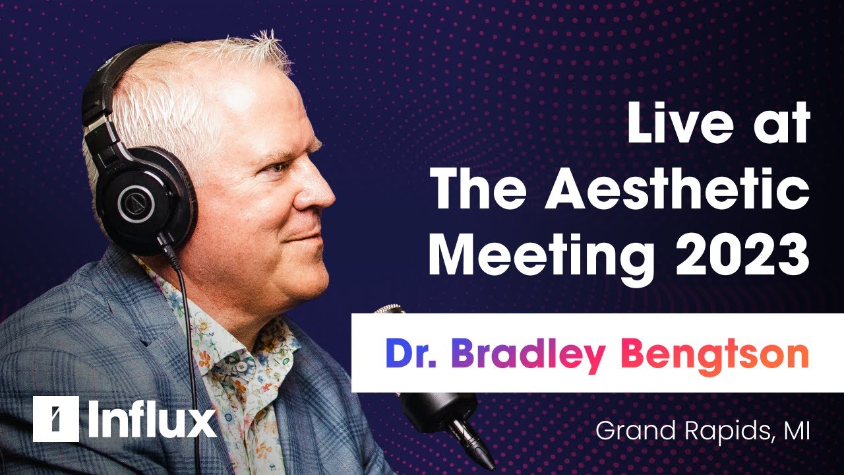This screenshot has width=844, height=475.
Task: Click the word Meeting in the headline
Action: coord(541,257)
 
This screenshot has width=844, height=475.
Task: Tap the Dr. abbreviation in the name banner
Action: coord(411,353)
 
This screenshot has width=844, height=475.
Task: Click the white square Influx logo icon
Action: coord(56,418)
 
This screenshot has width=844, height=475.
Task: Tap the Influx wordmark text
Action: coord(152,418)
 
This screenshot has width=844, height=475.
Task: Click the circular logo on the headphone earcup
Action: coord(136,204)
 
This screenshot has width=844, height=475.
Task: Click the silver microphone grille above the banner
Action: coord(389,309)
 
